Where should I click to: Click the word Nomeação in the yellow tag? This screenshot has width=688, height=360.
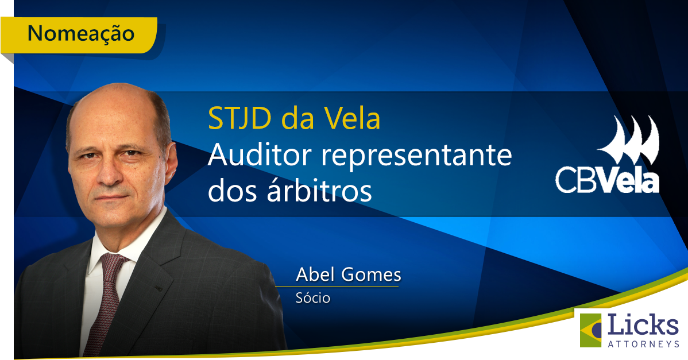(x=80, y=33)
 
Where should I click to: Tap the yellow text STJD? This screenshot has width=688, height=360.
(x=240, y=119)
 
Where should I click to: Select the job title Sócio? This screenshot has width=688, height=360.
(x=313, y=299)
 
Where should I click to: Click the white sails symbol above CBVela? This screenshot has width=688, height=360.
(x=628, y=141)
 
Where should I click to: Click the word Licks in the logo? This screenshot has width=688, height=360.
(x=643, y=325)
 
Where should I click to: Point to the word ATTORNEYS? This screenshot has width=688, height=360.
(x=643, y=343)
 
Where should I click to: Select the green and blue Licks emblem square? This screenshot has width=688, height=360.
(x=592, y=330)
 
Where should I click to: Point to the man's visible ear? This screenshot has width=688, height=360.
(x=168, y=165)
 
